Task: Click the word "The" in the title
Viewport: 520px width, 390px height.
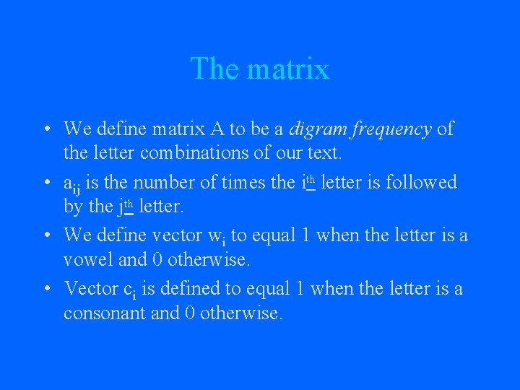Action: [214, 69]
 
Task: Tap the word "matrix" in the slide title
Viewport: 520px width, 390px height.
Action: [287, 69]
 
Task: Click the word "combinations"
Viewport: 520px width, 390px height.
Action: [188, 154]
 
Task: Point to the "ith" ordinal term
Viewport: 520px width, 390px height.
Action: [307, 181]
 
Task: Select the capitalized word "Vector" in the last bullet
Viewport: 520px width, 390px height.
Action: [90, 289]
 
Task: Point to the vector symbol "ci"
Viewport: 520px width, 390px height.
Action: [129, 290]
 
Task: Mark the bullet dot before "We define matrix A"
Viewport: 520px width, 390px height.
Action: [45, 130]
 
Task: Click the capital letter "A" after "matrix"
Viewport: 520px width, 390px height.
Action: [217, 129]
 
